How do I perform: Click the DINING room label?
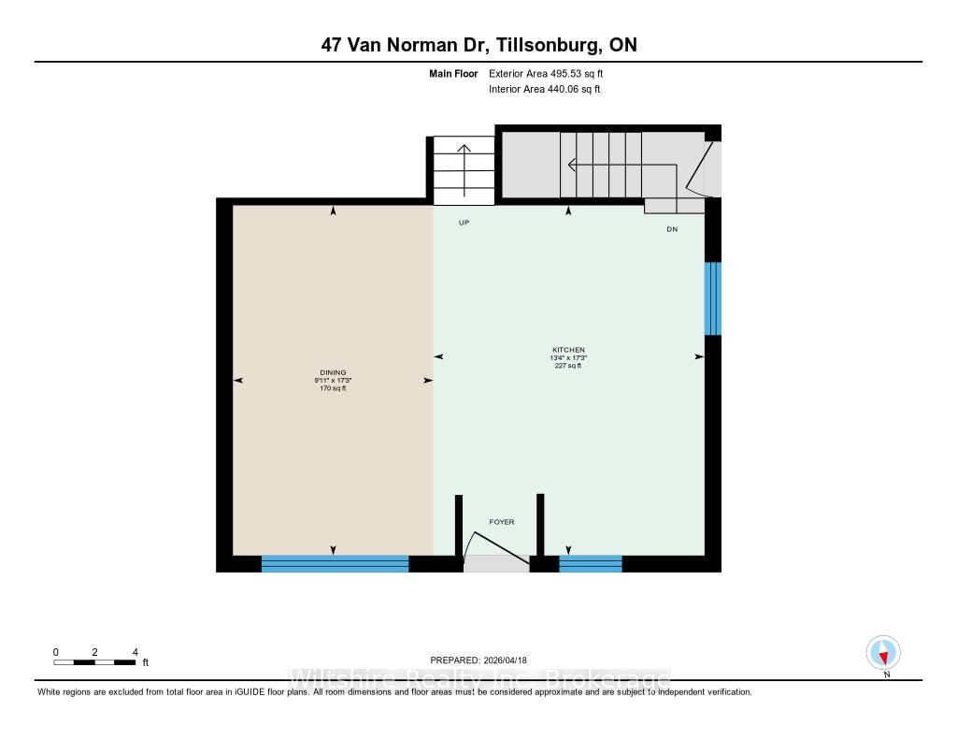tap(333, 372)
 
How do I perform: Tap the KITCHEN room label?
tap(568, 350)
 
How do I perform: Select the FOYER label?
tap(502, 522)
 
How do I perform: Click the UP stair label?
tap(464, 223)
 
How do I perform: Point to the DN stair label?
tap(672, 229)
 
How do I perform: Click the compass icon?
tap(883, 653)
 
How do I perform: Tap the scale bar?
tap(94, 662)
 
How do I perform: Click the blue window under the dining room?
tap(336, 563)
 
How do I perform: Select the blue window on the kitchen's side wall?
tap(713, 298)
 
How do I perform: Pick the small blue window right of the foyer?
tap(591, 563)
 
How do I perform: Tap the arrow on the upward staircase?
tap(464, 170)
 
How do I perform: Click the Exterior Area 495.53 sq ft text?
tap(546, 73)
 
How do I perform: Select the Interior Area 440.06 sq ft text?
tap(545, 89)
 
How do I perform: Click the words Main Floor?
tap(453, 73)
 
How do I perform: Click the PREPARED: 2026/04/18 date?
tap(478, 660)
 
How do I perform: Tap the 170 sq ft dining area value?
tap(333, 388)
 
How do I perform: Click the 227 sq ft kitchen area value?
tap(568, 366)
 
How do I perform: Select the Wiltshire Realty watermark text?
tap(479, 678)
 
